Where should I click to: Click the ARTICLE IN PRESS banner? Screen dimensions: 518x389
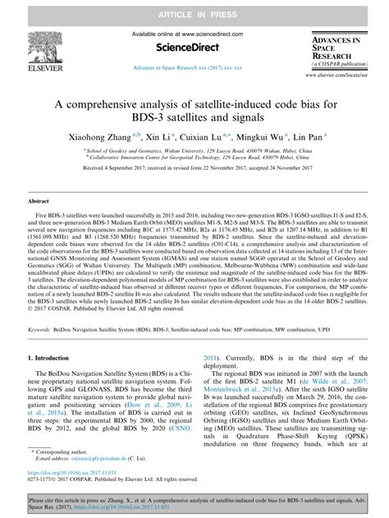[194, 10]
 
